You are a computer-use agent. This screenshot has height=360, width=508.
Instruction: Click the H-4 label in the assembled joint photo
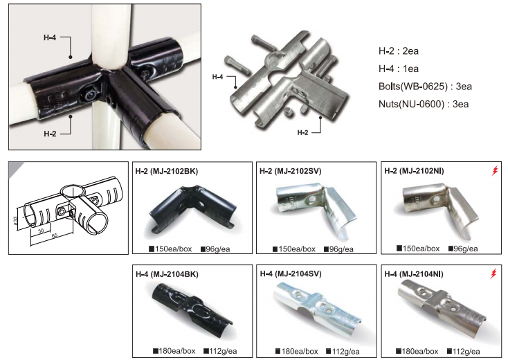coord(50,37)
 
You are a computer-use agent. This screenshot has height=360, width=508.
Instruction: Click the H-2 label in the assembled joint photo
coord(50,134)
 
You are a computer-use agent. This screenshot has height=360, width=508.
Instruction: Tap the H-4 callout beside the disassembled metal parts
coord(218,77)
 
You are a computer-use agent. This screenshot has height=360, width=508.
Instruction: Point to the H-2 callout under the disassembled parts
coord(302,132)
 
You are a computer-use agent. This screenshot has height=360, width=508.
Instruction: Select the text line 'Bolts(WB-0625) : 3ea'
coord(425,87)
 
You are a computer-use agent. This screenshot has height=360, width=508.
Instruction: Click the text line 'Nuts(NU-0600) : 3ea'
coord(424,104)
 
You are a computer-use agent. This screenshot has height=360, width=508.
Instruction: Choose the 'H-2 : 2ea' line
coord(399,51)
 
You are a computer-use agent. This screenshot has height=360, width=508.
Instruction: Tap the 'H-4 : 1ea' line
coord(399,69)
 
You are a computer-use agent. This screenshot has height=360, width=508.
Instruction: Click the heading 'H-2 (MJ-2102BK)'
coord(167,172)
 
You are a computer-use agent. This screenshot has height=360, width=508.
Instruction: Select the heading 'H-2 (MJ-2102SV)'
coord(290,171)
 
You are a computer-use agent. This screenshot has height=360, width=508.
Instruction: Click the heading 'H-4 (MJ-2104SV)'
coord(291,274)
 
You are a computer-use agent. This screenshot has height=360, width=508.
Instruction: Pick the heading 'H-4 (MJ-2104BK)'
coord(167,274)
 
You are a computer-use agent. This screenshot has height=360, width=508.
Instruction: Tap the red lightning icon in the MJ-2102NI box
coord(494,171)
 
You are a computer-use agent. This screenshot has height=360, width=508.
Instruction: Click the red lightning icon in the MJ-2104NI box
coord(493,273)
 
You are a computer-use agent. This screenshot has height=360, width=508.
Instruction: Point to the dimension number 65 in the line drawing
coord(54,235)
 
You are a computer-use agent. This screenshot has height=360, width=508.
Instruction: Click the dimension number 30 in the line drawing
coord(41,231)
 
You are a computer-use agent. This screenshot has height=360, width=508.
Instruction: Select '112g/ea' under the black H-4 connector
coord(220,351)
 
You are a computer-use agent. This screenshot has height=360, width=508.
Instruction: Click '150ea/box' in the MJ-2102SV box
coord(294,249)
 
